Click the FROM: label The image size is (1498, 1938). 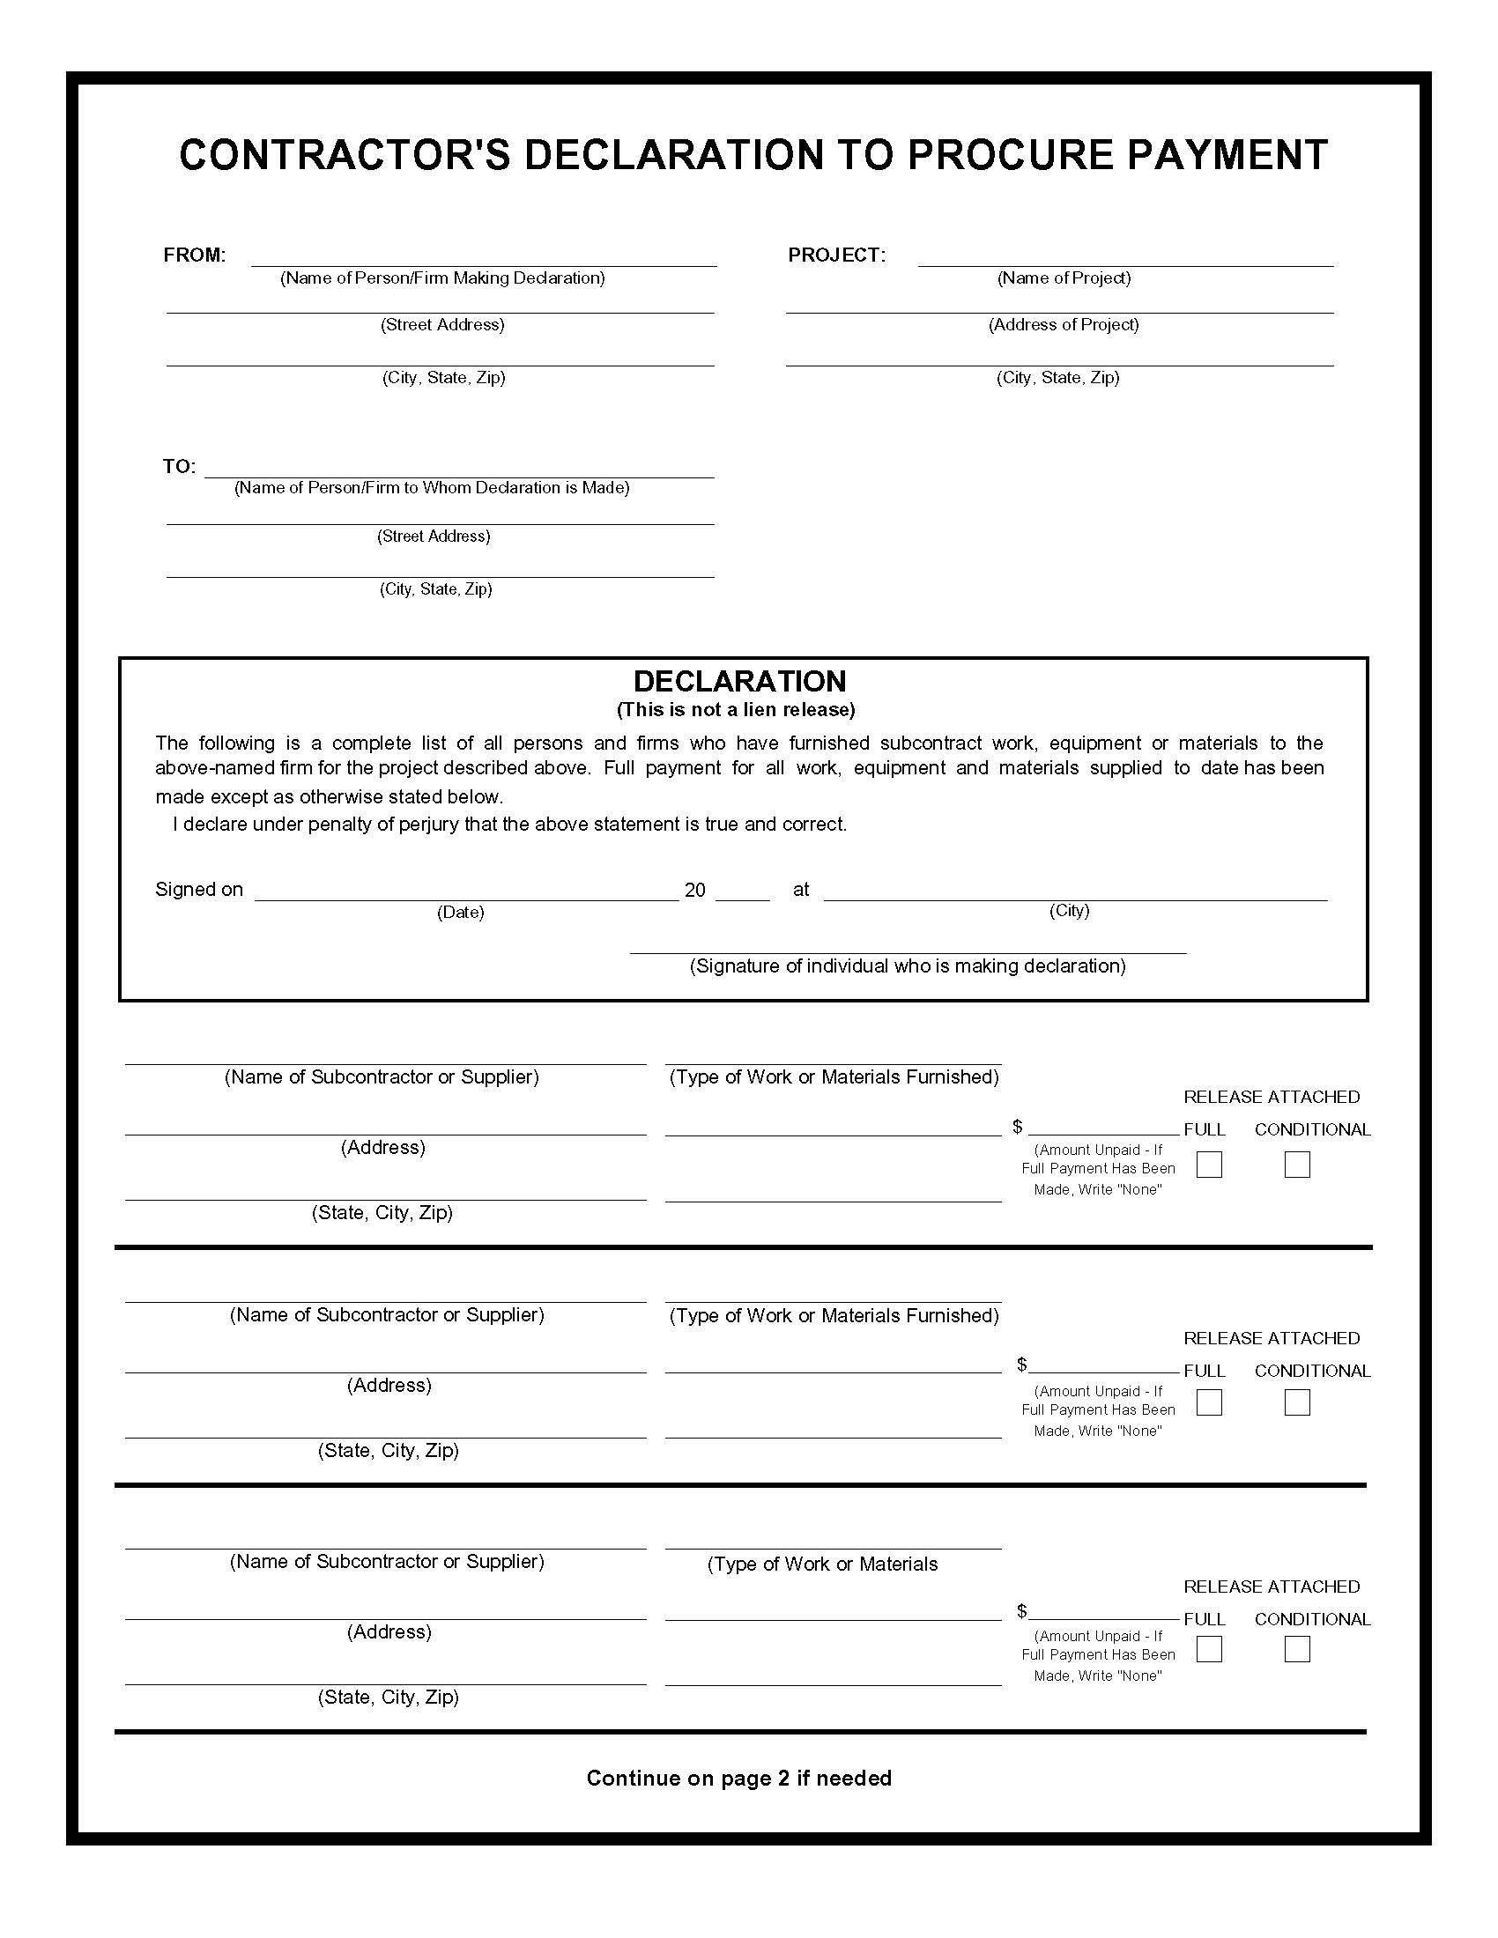195,255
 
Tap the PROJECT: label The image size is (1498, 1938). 836,255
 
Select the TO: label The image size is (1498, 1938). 178,467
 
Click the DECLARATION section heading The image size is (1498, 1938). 739,682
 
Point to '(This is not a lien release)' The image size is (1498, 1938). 736,710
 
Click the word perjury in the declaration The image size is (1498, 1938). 428,825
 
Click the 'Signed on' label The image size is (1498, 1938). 199,890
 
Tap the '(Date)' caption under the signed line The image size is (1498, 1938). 460,913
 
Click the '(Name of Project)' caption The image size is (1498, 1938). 1064,278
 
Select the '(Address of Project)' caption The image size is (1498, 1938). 1064,325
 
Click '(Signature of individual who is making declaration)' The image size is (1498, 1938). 907,966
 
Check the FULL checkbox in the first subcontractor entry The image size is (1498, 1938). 1209,1165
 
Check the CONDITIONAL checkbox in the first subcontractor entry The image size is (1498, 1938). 1296,1165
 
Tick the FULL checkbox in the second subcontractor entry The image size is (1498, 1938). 1209,1402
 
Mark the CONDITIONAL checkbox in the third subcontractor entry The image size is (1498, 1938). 1296,1649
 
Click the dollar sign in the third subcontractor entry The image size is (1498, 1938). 1021,1610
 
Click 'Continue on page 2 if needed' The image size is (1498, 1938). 738,1779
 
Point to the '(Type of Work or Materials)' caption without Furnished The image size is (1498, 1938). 822,1564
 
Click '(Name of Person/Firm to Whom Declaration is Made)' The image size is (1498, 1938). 431,488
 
